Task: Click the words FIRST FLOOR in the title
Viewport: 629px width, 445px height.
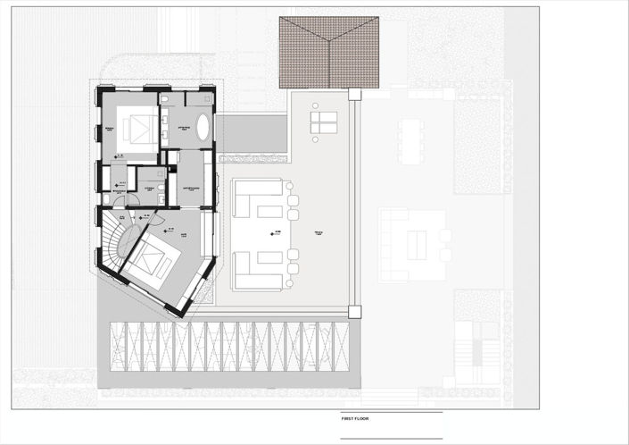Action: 356,418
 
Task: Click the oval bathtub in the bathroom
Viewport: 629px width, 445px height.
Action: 203,128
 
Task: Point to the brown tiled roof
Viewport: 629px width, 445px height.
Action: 328,52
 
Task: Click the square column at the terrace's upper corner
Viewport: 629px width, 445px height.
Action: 354,94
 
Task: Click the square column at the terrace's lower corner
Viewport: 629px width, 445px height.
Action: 354,312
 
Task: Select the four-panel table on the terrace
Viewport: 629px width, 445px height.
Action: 323,122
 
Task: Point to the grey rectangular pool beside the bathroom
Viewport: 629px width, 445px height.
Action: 252,133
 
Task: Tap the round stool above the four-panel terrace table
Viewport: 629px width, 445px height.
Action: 314,105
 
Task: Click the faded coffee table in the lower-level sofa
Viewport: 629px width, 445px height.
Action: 417,245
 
